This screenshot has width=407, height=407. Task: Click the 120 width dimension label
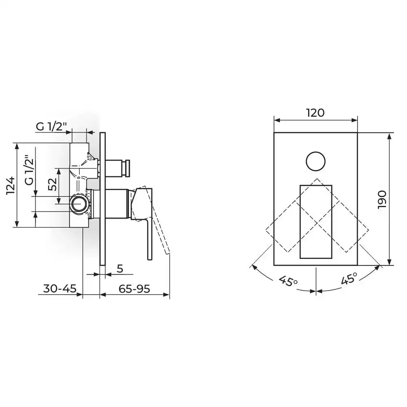(x=315, y=113)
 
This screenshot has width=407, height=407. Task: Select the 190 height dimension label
(x=382, y=199)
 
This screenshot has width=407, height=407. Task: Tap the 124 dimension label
(x=11, y=186)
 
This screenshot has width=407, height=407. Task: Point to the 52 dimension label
(x=53, y=184)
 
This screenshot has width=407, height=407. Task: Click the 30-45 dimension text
(x=60, y=289)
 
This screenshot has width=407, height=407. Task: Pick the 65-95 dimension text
(x=134, y=289)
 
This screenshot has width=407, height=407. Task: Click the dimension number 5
(x=120, y=269)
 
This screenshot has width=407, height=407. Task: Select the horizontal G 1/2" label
(x=51, y=127)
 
